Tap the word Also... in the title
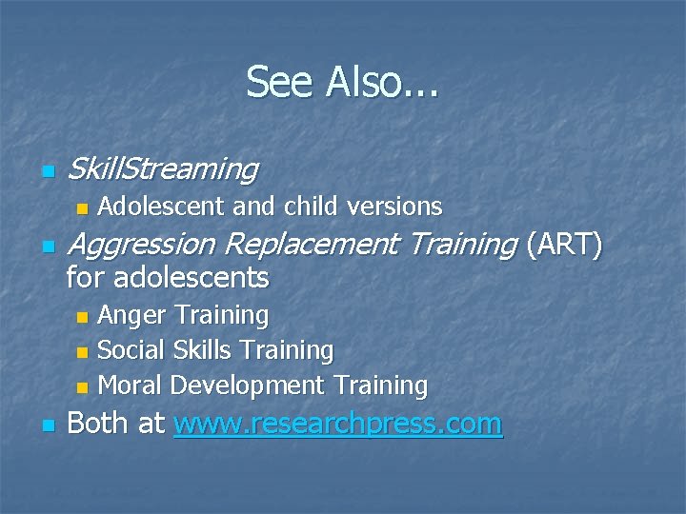pos(382,82)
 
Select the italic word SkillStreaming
pos(163,169)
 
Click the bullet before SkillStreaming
pos(48,172)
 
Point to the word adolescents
pos(191,279)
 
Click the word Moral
pos(131,385)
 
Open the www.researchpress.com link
pos(337,424)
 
